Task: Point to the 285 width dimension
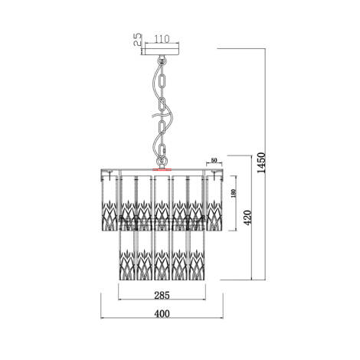coord(162,292)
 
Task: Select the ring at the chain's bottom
coord(162,159)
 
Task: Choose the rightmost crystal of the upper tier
coord(217,201)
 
